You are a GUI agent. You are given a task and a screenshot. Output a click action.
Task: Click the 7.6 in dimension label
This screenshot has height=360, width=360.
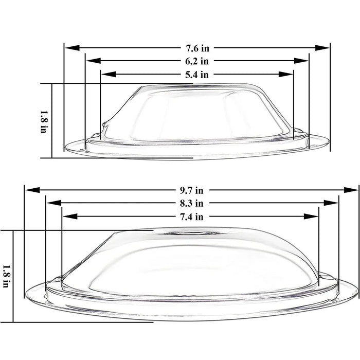click(197, 48)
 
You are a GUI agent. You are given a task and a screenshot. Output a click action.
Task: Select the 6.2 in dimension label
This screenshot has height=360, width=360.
click(197, 61)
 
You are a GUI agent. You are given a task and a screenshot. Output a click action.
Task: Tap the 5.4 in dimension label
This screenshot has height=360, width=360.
click(197, 74)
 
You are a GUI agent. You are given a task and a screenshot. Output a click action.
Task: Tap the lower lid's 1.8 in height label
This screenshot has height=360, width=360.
click(6, 276)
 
